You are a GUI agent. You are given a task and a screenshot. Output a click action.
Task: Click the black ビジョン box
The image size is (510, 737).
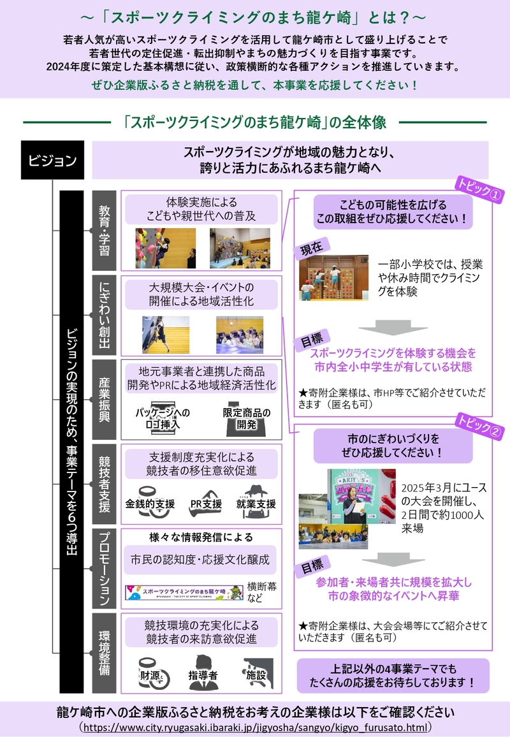pos(52,160)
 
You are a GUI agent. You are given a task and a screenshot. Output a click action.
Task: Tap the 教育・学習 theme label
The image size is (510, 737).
pos(104,230)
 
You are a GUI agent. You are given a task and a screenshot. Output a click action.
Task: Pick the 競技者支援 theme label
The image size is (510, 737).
pos(104,484)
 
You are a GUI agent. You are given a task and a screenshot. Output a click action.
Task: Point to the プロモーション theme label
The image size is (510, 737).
pos(104,568)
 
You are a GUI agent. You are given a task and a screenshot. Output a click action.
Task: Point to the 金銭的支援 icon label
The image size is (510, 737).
pos(150,504)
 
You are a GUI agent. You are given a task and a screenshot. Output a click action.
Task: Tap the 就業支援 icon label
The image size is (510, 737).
pos(256,504)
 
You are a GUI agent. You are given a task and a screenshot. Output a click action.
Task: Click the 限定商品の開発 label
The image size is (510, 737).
pos(247,418)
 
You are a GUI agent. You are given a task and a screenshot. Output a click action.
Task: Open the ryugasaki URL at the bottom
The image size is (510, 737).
pos(255,726)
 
